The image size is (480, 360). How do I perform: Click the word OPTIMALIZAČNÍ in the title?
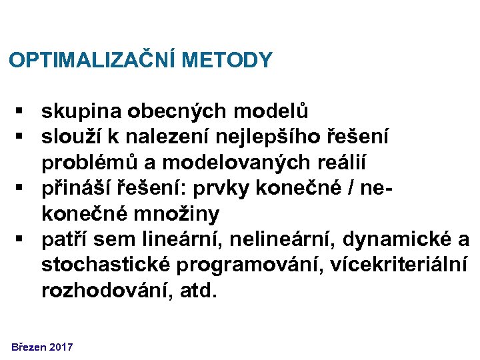92,61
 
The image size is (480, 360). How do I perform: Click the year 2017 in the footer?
61,347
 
